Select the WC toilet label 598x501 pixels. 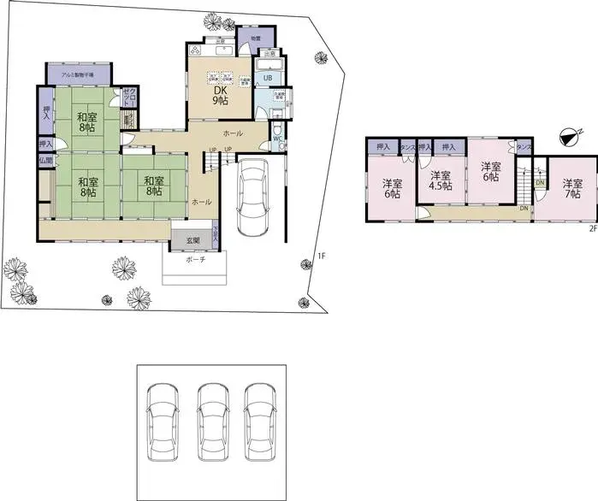coord(277,138)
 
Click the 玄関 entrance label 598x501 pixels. coord(193,241)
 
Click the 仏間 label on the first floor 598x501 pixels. coord(44,160)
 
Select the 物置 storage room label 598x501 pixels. coord(257,38)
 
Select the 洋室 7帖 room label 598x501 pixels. coord(571,189)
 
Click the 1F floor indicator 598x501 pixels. coord(321,256)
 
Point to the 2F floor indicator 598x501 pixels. coord(591,228)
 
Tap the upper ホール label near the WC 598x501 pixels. coord(232,135)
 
